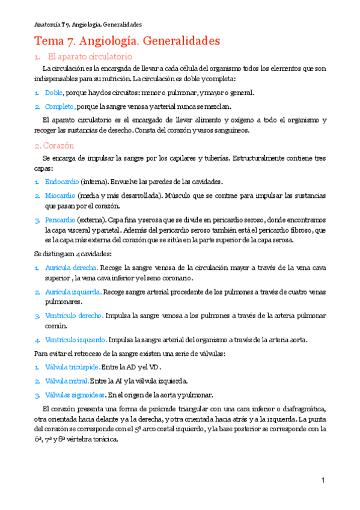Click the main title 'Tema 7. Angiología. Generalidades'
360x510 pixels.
[127, 41]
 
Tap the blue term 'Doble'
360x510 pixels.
[53, 93]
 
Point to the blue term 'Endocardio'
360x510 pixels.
[61, 181]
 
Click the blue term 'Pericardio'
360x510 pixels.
[61, 220]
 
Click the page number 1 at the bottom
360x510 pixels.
[323, 480]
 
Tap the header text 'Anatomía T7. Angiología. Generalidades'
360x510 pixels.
[88, 25]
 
